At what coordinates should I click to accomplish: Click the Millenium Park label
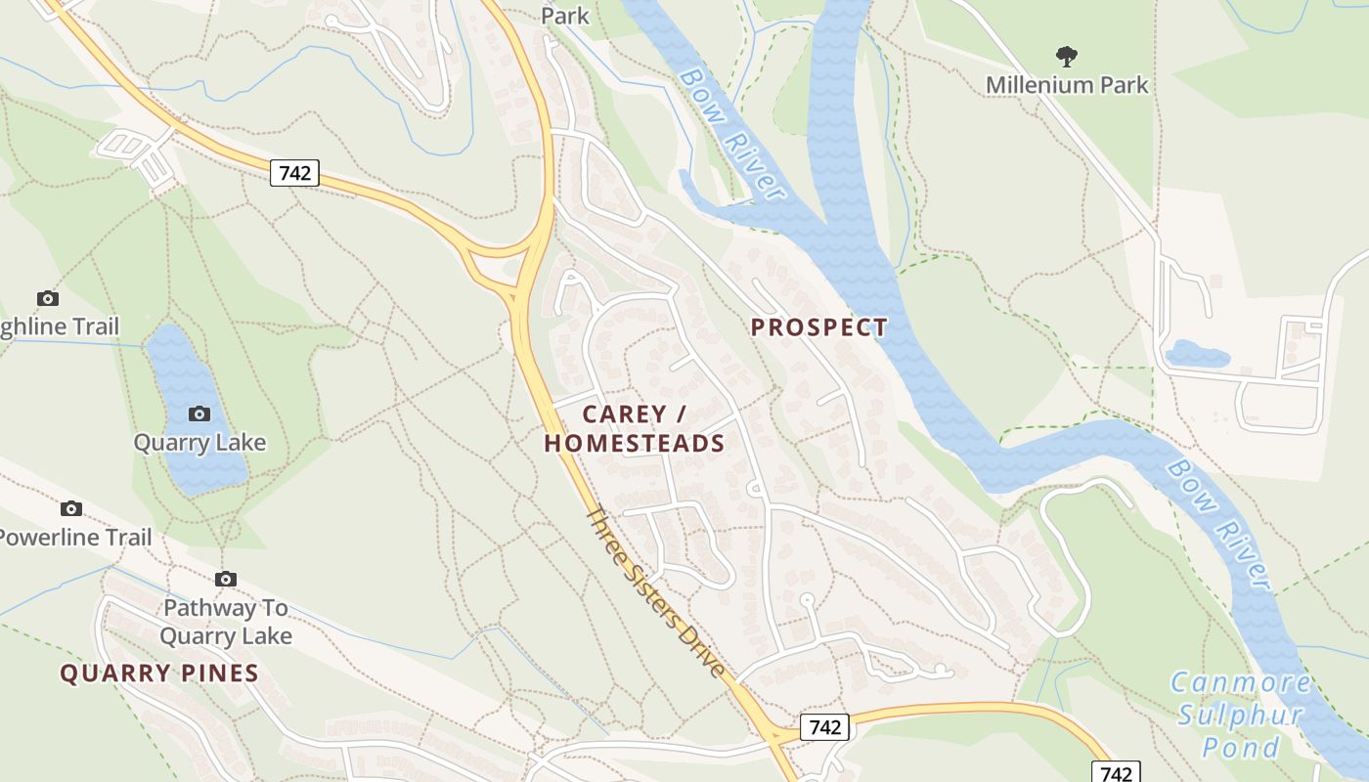[1067, 85]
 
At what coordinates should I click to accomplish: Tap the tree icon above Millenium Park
[1066, 57]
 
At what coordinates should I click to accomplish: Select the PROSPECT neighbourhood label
[819, 327]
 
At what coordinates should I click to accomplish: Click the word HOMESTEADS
[635, 444]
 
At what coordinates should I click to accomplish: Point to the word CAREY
[624, 414]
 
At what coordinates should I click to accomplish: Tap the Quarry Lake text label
[199, 443]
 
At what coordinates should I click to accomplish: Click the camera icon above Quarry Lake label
[199, 414]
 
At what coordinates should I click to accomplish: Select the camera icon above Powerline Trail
[71, 508]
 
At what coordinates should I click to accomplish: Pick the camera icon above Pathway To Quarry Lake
[226, 579]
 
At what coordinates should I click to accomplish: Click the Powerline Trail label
[76, 538]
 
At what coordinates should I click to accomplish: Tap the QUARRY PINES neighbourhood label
[159, 673]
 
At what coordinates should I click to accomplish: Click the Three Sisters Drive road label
[656, 591]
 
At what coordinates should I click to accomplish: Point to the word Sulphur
[1240, 715]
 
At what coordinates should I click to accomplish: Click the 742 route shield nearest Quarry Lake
[294, 173]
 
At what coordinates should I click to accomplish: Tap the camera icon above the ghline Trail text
[47, 298]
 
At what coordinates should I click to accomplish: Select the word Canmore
[1240, 682]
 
